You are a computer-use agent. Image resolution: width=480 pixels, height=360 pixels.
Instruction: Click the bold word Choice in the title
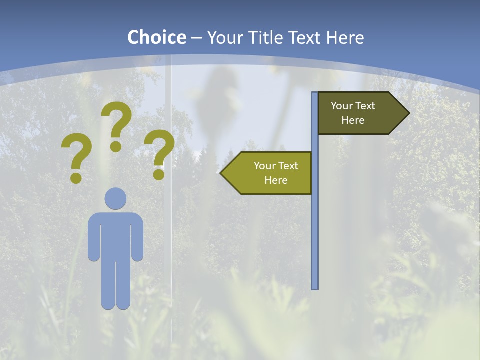point(156,37)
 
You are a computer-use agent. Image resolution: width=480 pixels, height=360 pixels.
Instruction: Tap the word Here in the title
point(345,37)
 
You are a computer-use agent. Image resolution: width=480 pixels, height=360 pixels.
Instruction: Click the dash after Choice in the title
point(196,38)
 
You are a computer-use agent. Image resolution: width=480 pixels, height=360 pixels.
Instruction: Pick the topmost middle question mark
point(116,125)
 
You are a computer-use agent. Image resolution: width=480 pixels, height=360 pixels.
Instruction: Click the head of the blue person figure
point(115,198)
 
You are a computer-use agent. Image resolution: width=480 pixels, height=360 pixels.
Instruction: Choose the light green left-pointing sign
point(270,173)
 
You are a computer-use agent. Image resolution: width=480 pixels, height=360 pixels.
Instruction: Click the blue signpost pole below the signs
point(315,240)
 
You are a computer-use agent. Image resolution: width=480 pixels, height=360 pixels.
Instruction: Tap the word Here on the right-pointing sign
point(353,120)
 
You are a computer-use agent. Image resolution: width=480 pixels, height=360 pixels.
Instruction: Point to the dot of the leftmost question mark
point(76,177)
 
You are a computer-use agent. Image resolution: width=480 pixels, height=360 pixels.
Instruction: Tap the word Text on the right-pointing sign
point(365,106)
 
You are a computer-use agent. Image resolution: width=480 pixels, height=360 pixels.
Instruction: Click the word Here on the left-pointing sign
point(276,180)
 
